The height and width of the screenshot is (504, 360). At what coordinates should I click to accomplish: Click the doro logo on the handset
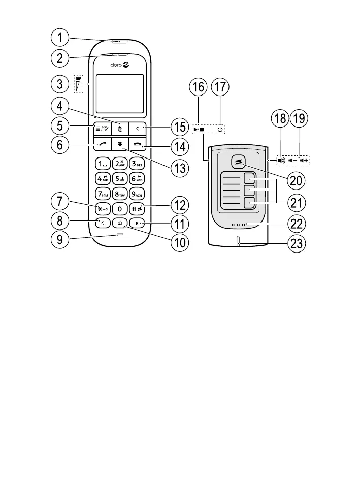click(x=119, y=65)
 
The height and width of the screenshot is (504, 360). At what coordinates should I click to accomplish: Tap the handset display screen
click(x=119, y=93)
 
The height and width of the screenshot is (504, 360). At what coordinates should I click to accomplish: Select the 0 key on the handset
click(x=119, y=208)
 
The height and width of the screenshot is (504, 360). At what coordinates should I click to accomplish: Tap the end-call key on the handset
click(x=138, y=145)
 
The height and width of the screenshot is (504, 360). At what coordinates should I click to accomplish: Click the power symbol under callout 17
click(x=220, y=130)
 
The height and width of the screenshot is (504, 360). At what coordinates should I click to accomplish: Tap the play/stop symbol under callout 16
click(x=199, y=130)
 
